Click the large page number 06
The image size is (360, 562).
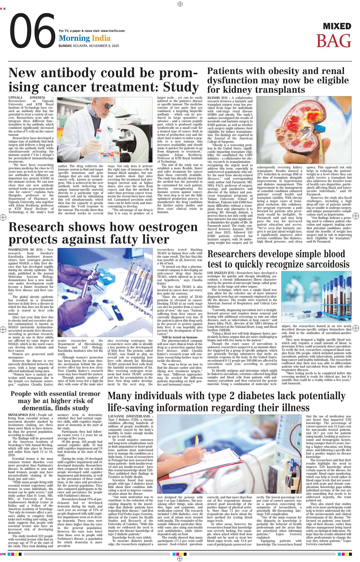pyautogui.click(x=32, y=32)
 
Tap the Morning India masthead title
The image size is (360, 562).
pyautogui.click(x=85, y=38)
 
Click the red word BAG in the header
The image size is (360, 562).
pyautogui.click(x=333, y=41)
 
